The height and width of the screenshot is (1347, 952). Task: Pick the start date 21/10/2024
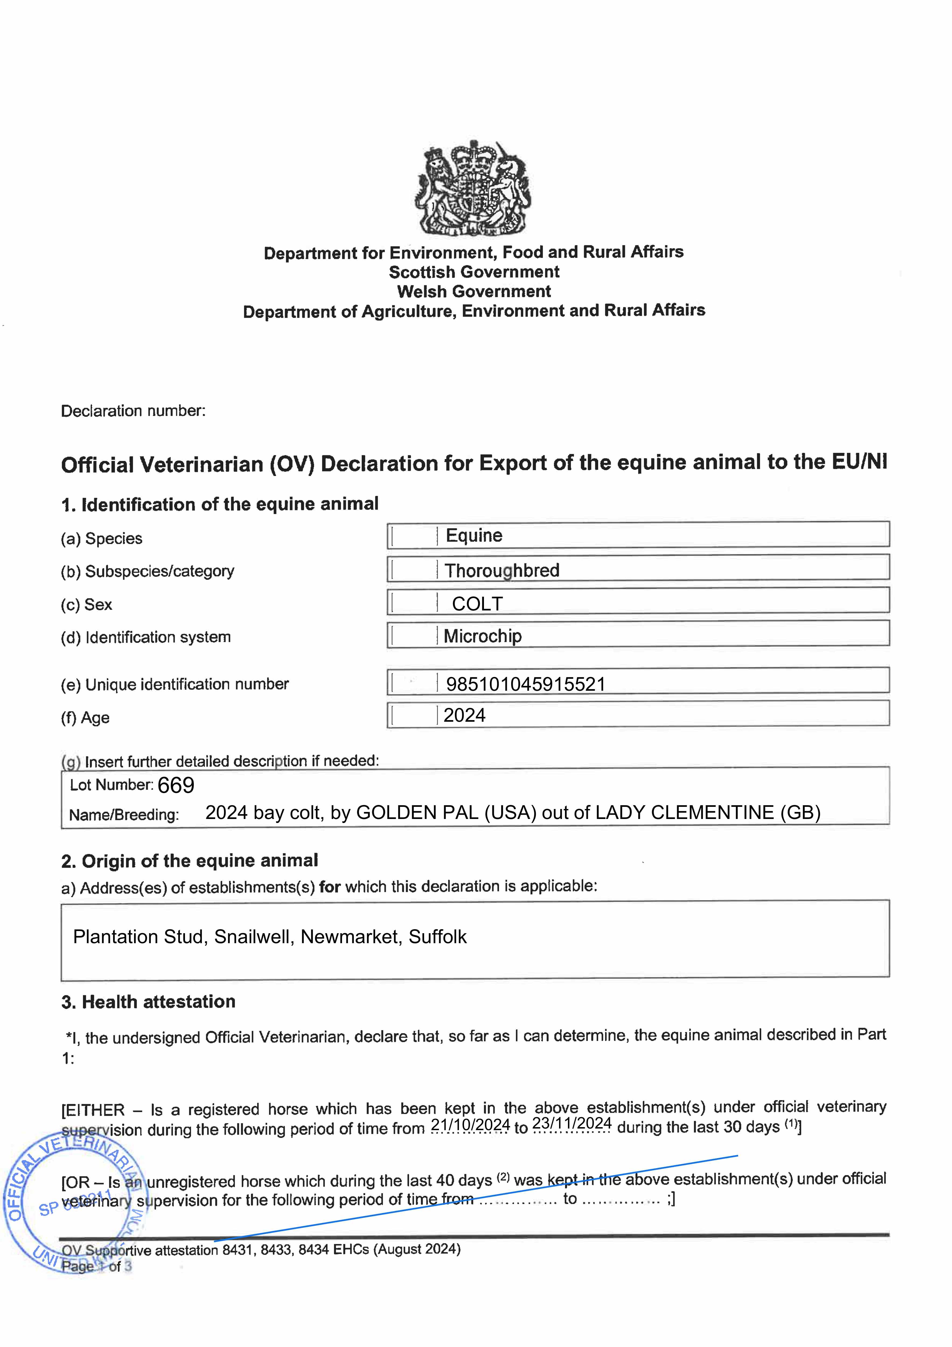click(470, 1125)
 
